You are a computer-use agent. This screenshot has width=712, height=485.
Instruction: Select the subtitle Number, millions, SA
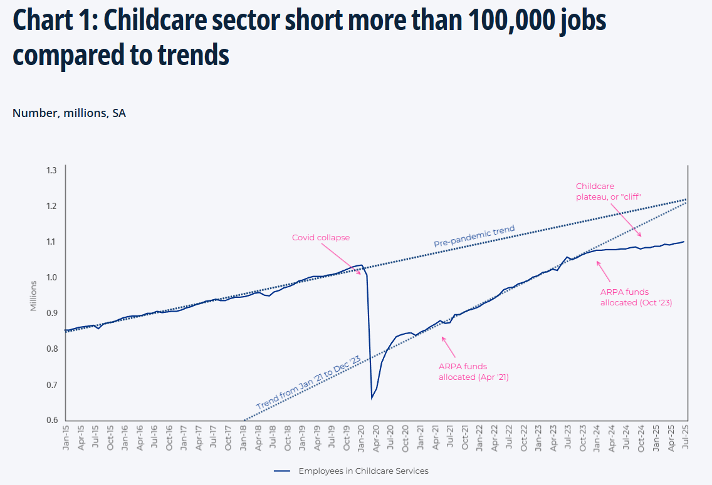[x=69, y=113]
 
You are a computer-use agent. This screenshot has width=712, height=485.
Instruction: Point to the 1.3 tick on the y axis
[x=51, y=170]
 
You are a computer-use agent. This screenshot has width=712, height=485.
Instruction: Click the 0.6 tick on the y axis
[x=51, y=420]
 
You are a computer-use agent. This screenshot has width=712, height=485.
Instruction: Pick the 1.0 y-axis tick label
[x=51, y=277]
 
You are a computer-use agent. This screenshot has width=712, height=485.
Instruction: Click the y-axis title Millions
[x=34, y=295]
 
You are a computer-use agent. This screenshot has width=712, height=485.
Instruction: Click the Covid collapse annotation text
[x=321, y=238]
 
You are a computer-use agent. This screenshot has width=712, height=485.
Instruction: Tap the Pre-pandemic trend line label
[x=474, y=237]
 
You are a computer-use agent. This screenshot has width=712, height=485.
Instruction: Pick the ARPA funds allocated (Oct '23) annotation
[x=636, y=297]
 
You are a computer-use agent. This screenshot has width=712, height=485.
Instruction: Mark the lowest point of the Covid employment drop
[x=372, y=398]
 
